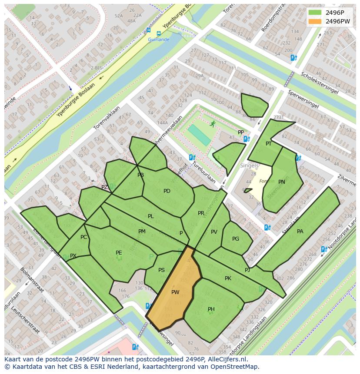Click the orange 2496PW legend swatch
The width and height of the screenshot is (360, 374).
click(x=315, y=21)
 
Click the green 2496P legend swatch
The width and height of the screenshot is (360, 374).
click(x=315, y=13)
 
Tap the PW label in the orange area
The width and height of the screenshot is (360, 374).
click(x=175, y=292)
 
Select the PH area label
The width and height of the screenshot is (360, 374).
click(x=211, y=309)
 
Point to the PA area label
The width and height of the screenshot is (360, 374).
click(x=300, y=232)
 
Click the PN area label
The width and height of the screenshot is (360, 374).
click(x=282, y=182)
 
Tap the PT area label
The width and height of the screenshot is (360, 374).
click(x=269, y=144)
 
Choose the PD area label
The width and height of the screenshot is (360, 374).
click(x=167, y=191)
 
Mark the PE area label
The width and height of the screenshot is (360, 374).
click(x=119, y=252)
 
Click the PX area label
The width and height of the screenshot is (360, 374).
click(x=73, y=256)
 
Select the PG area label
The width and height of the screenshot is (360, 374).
click(x=236, y=239)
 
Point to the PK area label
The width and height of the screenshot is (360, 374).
click(x=228, y=278)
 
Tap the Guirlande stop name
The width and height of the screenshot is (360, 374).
click(x=158, y=40)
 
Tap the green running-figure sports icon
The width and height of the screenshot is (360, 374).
click(x=213, y=124)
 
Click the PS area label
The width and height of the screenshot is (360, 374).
click(x=161, y=270)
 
